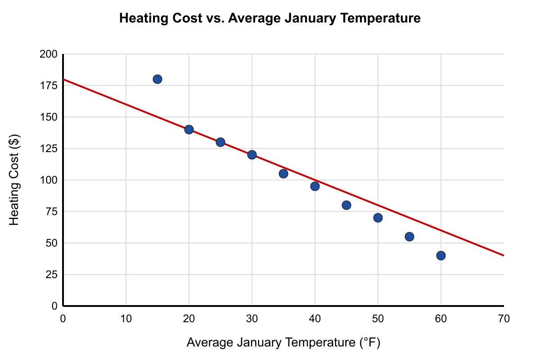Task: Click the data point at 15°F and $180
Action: [x=157, y=79]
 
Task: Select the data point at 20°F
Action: [x=189, y=130]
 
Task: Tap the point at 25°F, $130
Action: [x=220, y=142]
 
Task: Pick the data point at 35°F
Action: [x=283, y=174]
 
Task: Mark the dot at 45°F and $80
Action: [x=346, y=205]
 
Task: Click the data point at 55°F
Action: [x=409, y=237]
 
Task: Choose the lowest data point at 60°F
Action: [x=441, y=256]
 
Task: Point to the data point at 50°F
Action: [x=378, y=218]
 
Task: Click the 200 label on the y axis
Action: [x=49, y=54]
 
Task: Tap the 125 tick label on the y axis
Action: [x=49, y=148]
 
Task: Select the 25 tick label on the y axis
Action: [x=52, y=274]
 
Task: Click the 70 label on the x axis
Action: [x=504, y=319]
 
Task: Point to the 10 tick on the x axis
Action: [x=126, y=319]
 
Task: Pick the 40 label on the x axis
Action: [x=315, y=319]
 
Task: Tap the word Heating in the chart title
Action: [x=144, y=18]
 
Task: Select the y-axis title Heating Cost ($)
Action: [x=14, y=180]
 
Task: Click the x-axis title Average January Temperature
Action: [x=271, y=342]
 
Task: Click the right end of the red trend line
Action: [x=504, y=255]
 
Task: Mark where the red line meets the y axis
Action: [x=63, y=79]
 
